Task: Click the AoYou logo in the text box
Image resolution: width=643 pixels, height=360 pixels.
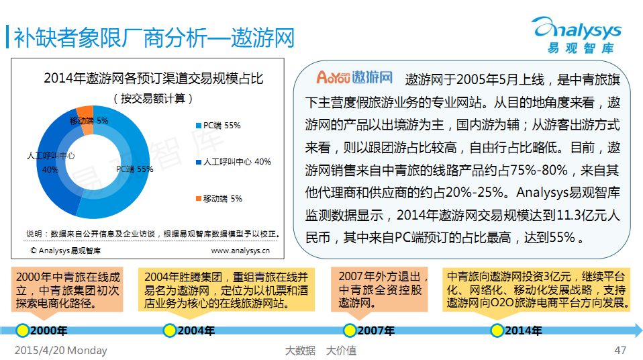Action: pos(354,77)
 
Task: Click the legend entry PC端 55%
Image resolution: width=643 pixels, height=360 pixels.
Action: pos(218,126)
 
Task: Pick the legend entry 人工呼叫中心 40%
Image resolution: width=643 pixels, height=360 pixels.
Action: pos(234,162)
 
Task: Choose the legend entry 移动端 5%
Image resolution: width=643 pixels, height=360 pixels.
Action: pos(219,199)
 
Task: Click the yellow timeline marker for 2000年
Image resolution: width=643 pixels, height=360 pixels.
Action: pos(22,330)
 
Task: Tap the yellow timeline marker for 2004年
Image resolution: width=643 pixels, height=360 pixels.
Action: pos(169,330)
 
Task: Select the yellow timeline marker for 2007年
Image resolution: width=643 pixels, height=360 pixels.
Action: pos(350,330)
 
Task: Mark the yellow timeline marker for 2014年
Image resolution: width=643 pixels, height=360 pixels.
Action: pos(497,330)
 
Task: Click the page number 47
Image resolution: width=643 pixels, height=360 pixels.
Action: pos(620,350)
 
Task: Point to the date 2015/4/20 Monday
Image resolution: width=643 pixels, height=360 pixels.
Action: pos(60,350)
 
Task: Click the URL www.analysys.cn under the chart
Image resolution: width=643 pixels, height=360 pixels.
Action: pos(240,251)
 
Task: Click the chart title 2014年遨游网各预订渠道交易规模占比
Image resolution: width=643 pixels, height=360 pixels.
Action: pos(154,78)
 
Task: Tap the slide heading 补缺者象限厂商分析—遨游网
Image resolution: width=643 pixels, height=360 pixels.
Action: pos(154,38)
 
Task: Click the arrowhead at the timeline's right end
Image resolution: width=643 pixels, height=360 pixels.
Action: pos(638,330)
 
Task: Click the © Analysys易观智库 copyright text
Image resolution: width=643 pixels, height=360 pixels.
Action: pos(65,251)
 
